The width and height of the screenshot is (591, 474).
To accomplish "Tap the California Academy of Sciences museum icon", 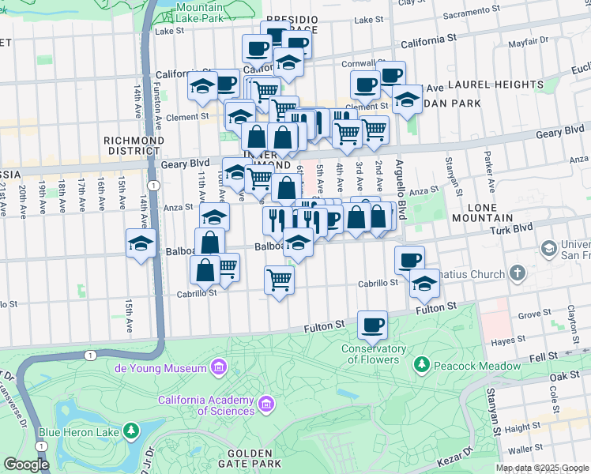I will click(266, 404).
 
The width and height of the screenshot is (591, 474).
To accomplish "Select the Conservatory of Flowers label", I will click(374, 354).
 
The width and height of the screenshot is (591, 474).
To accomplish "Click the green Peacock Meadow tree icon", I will click(423, 364).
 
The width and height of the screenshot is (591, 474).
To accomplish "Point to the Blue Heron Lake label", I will click(79, 432).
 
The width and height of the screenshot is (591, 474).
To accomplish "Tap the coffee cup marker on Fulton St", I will click(372, 325).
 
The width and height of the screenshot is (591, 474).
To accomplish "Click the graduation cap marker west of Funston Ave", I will click(140, 243).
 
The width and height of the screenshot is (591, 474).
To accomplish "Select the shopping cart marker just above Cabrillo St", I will click(279, 280).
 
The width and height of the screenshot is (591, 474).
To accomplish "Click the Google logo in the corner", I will click(26, 465).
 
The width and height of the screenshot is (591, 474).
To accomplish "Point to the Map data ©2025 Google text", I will click(542, 468).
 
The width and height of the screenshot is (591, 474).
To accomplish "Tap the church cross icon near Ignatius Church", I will click(518, 273).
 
